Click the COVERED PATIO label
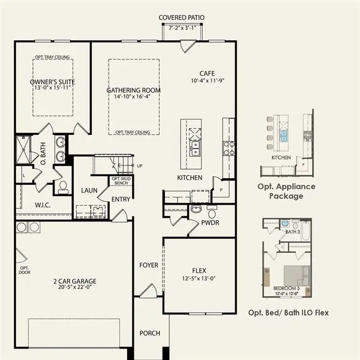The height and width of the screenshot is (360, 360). [x=181, y=17]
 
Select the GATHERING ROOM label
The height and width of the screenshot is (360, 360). [x=134, y=91]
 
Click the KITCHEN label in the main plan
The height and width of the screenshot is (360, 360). [x=190, y=178]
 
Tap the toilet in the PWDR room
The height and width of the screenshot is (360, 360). [x=211, y=213]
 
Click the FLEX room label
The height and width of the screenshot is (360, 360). [x=199, y=271]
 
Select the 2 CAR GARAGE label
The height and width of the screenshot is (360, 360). [x=75, y=281]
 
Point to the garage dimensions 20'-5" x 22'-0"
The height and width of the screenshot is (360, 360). [x=75, y=289]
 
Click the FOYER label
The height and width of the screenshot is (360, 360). [x=149, y=265]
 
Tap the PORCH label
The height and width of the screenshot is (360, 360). [x=149, y=333]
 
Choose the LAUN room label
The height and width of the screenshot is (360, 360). [x=89, y=190]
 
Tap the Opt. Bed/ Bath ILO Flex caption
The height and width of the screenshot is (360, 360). [x=288, y=313]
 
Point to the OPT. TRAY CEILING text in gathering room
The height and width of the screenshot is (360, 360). [x=133, y=131]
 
